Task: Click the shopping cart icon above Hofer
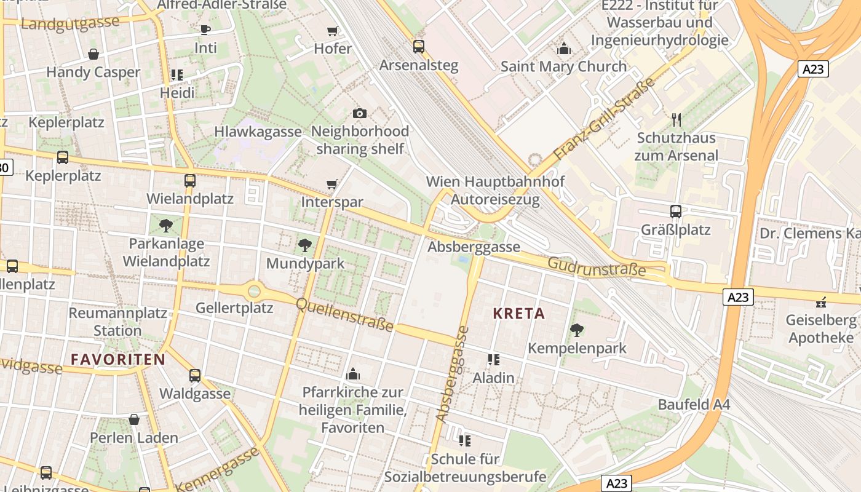(x=333, y=31)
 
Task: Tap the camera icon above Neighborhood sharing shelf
(x=360, y=113)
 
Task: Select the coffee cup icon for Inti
(x=205, y=30)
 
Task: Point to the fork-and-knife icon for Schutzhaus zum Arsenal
(x=676, y=119)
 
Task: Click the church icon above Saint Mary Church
(x=563, y=49)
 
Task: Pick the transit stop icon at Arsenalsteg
(x=419, y=47)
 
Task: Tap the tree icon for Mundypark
(x=304, y=246)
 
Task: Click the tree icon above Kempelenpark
(x=576, y=330)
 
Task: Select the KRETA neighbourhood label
(x=519, y=314)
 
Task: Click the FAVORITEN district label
(x=117, y=360)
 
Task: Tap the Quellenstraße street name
(x=344, y=314)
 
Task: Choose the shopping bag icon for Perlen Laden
(x=134, y=420)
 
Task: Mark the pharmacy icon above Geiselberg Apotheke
(x=821, y=302)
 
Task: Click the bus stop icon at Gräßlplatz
(x=676, y=212)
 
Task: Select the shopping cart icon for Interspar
(x=332, y=184)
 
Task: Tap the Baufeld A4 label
(x=694, y=405)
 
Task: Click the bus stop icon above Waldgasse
(x=195, y=375)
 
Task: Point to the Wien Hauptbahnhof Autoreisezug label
(x=495, y=191)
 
